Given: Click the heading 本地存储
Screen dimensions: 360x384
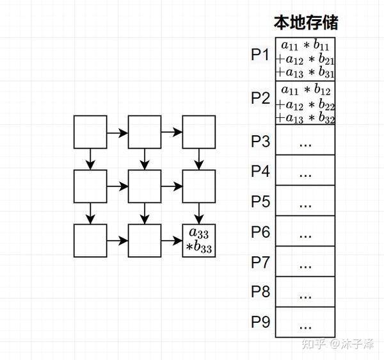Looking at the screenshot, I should [x=305, y=24].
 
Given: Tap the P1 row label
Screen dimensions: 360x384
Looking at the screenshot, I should [x=260, y=54].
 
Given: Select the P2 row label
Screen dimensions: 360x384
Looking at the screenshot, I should [x=260, y=98].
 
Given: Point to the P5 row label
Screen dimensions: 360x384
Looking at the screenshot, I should [x=260, y=201].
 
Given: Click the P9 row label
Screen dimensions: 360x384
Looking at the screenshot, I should [x=260, y=322].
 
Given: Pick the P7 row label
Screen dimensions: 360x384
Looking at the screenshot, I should [x=260, y=261].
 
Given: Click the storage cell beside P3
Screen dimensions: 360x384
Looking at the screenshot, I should [x=305, y=140].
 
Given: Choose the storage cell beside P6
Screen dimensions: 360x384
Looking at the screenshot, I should [x=305, y=231].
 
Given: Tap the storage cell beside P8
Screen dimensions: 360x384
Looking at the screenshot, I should [x=305, y=291].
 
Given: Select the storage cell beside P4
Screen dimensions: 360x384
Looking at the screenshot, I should [x=305, y=171].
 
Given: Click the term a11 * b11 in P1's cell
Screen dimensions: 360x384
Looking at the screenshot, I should [x=306, y=45].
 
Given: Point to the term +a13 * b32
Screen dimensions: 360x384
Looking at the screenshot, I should [x=306, y=118].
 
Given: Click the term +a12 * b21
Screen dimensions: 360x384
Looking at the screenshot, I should [x=306, y=60].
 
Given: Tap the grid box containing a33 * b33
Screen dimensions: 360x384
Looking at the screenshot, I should [x=199, y=241].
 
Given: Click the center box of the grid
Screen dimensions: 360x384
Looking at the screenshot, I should [x=145, y=186].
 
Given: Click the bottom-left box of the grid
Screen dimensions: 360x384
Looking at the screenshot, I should [x=90, y=241].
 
